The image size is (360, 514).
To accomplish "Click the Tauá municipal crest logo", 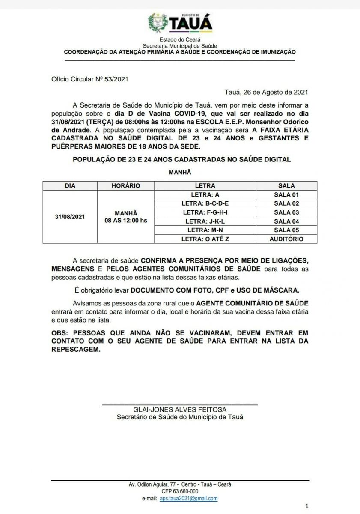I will [x=158, y=23].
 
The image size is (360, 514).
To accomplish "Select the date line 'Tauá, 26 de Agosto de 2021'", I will [x=266, y=92].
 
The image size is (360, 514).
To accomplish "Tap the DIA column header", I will [x=70, y=186].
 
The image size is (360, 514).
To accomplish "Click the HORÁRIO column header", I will [x=125, y=186].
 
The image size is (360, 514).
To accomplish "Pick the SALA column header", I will [x=286, y=186].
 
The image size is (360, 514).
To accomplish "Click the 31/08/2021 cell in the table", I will [x=70, y=217].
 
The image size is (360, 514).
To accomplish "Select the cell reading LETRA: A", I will [x=205, y=194].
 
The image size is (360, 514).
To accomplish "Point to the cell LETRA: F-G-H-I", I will [x=205, y=212].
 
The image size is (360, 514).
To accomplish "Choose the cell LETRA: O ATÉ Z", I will [x=205, y=239].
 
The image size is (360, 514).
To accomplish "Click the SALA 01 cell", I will [x=286, y=194].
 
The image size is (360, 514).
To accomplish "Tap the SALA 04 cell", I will [x=286, y=221].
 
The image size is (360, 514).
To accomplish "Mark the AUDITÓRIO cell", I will [x=286, y=239].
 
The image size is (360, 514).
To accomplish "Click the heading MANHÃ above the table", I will [x=180, y=172].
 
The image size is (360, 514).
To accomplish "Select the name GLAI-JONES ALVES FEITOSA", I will [x=180, y=410].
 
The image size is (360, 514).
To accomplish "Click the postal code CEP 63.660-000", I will [x=180, y=491].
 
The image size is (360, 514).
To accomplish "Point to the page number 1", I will [x=306, y=506].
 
